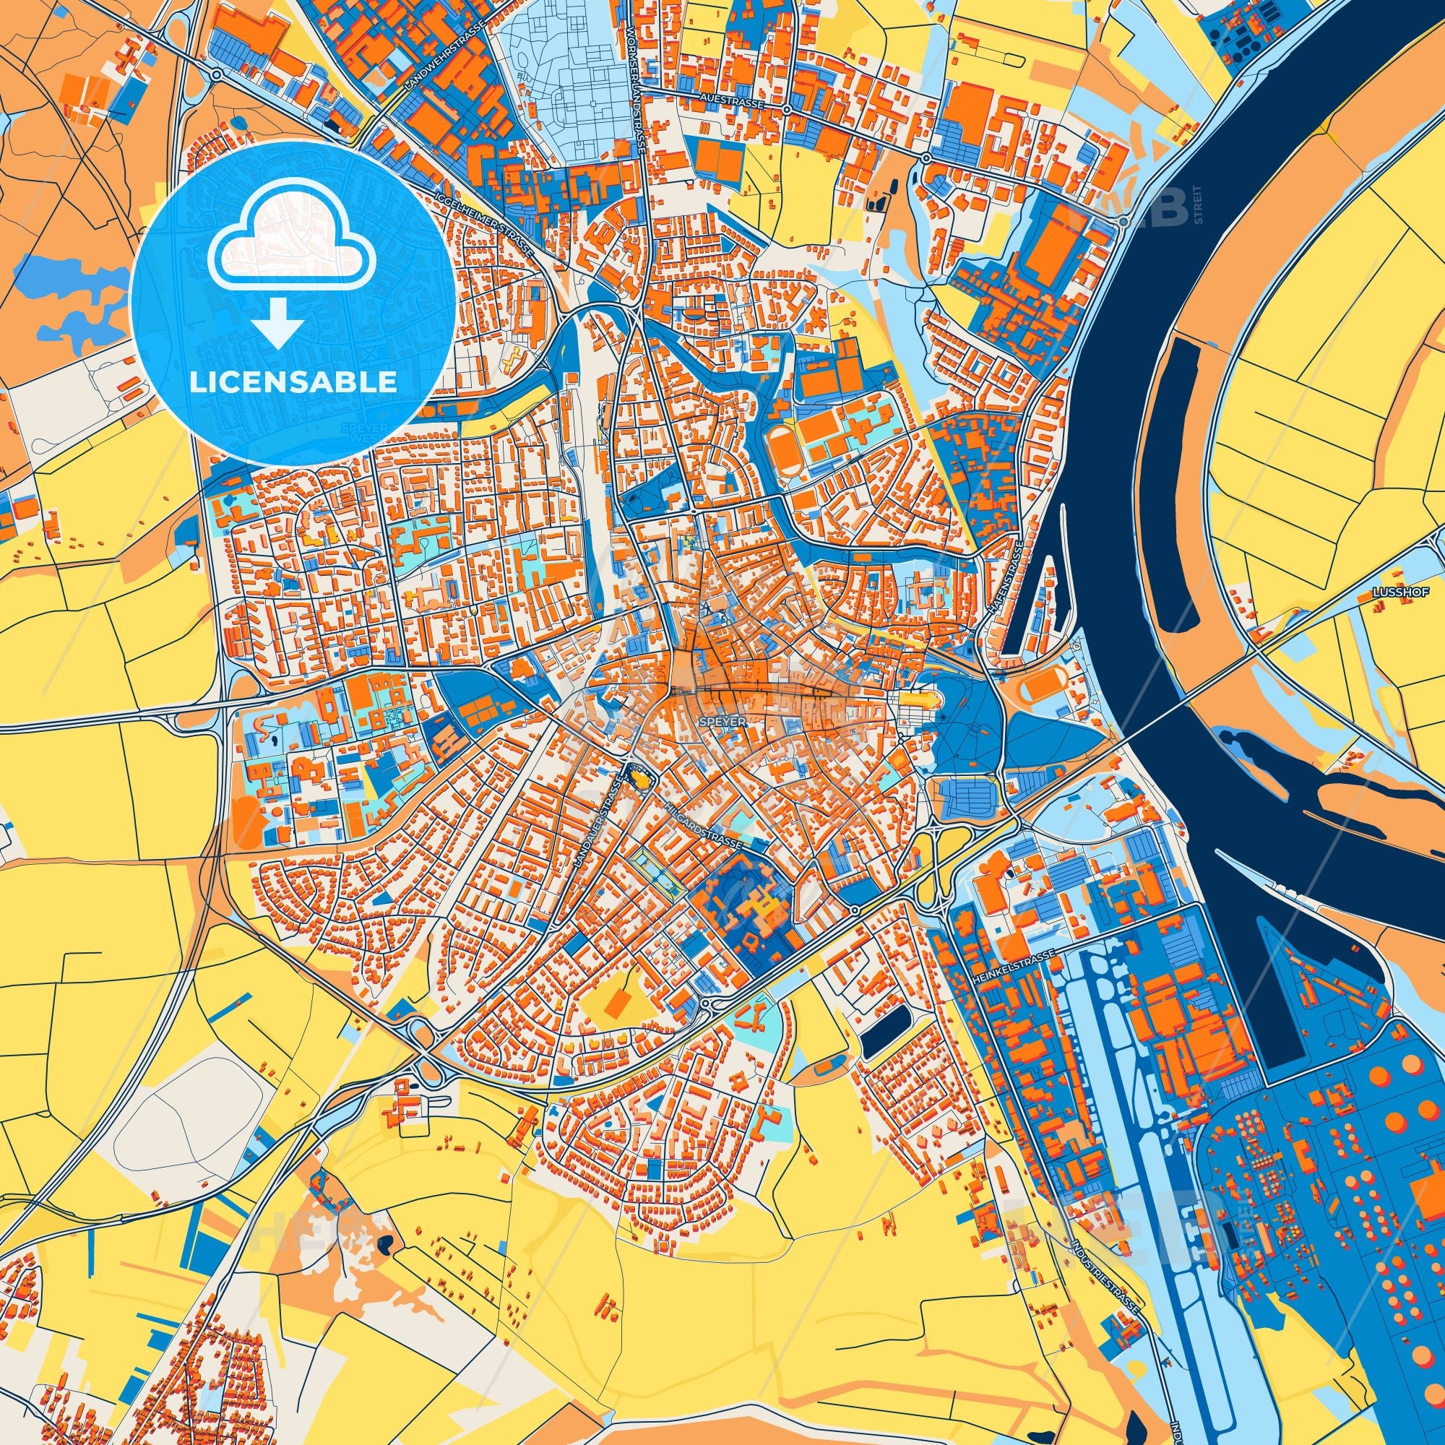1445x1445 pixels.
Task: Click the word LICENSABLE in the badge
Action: point(293,381)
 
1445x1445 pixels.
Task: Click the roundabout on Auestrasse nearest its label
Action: point(787,110)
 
